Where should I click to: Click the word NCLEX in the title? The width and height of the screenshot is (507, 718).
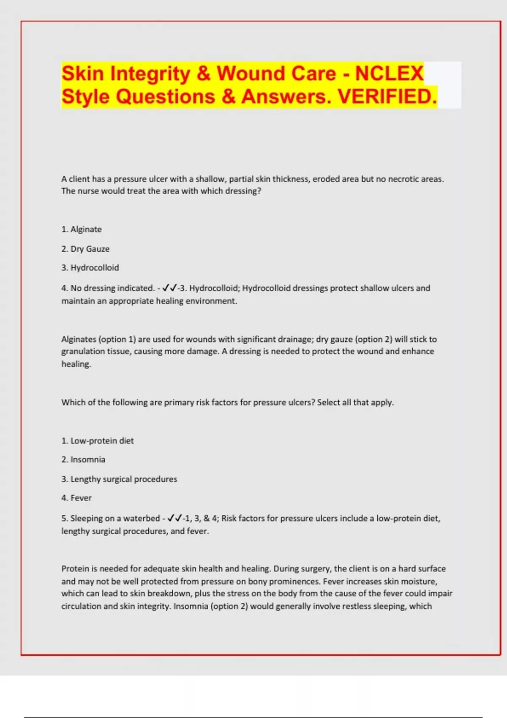[389, 73]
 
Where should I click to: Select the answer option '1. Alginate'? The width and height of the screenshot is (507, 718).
[82, 229]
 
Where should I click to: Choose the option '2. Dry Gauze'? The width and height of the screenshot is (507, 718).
[85, 249]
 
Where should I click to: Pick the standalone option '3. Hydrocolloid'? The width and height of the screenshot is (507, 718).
[90, 268]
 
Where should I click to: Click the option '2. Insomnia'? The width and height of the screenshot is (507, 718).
[83, 460]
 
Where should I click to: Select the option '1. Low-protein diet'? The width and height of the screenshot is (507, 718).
[98, 441]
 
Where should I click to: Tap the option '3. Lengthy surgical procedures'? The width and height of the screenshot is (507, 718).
[119, 479]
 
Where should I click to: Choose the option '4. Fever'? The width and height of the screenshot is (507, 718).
[76, 498]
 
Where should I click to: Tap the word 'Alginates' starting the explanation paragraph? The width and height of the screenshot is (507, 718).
[79, 339]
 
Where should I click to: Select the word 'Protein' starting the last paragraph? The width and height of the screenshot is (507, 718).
[75, 569]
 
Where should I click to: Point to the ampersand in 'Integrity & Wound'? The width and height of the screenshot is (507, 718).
[203, 73]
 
